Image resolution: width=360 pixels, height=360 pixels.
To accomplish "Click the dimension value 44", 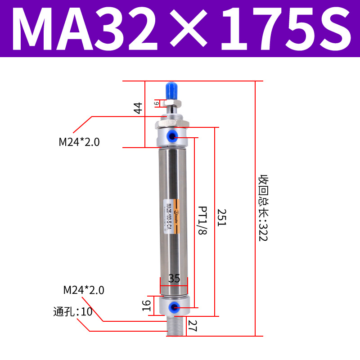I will [138, 108].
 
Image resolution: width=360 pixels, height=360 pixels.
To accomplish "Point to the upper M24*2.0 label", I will [79, 142].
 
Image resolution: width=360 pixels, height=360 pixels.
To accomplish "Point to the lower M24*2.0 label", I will [84, 290].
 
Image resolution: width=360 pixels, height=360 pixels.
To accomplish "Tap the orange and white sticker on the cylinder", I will [172, 218].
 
